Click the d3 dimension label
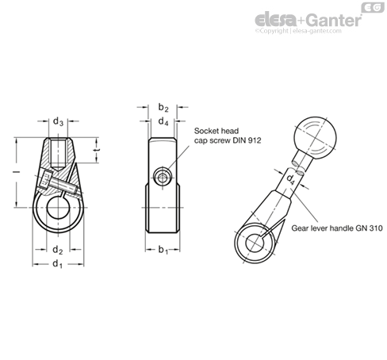(x=58, y=122)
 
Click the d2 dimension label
(x=58, y=250)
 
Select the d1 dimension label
(x=58, y=264)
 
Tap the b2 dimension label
(x=163, y=108)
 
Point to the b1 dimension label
(x=163, y=250)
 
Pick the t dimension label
(x=97, y=150)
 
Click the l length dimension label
(x=17, y=172)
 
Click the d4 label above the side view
(x=163, y=121)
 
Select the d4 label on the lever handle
(x=291, y=179)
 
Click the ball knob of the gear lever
(x=315, y=139)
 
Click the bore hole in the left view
(x=58, y=208)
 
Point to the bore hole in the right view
(x=255, y=243)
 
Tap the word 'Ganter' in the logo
(x=335, y=20)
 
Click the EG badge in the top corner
(x=373, y=7)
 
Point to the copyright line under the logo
(x=298, y=31)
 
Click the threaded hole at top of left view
(x=58, y=154)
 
